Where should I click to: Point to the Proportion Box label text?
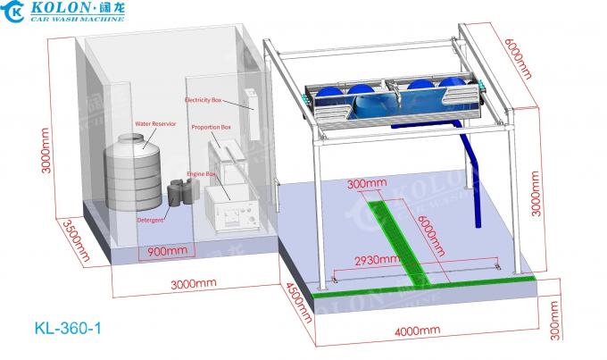[212, 128]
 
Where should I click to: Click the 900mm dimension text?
[163, 252]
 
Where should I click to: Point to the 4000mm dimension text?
[417, 330]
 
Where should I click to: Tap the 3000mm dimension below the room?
[194, 284]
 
